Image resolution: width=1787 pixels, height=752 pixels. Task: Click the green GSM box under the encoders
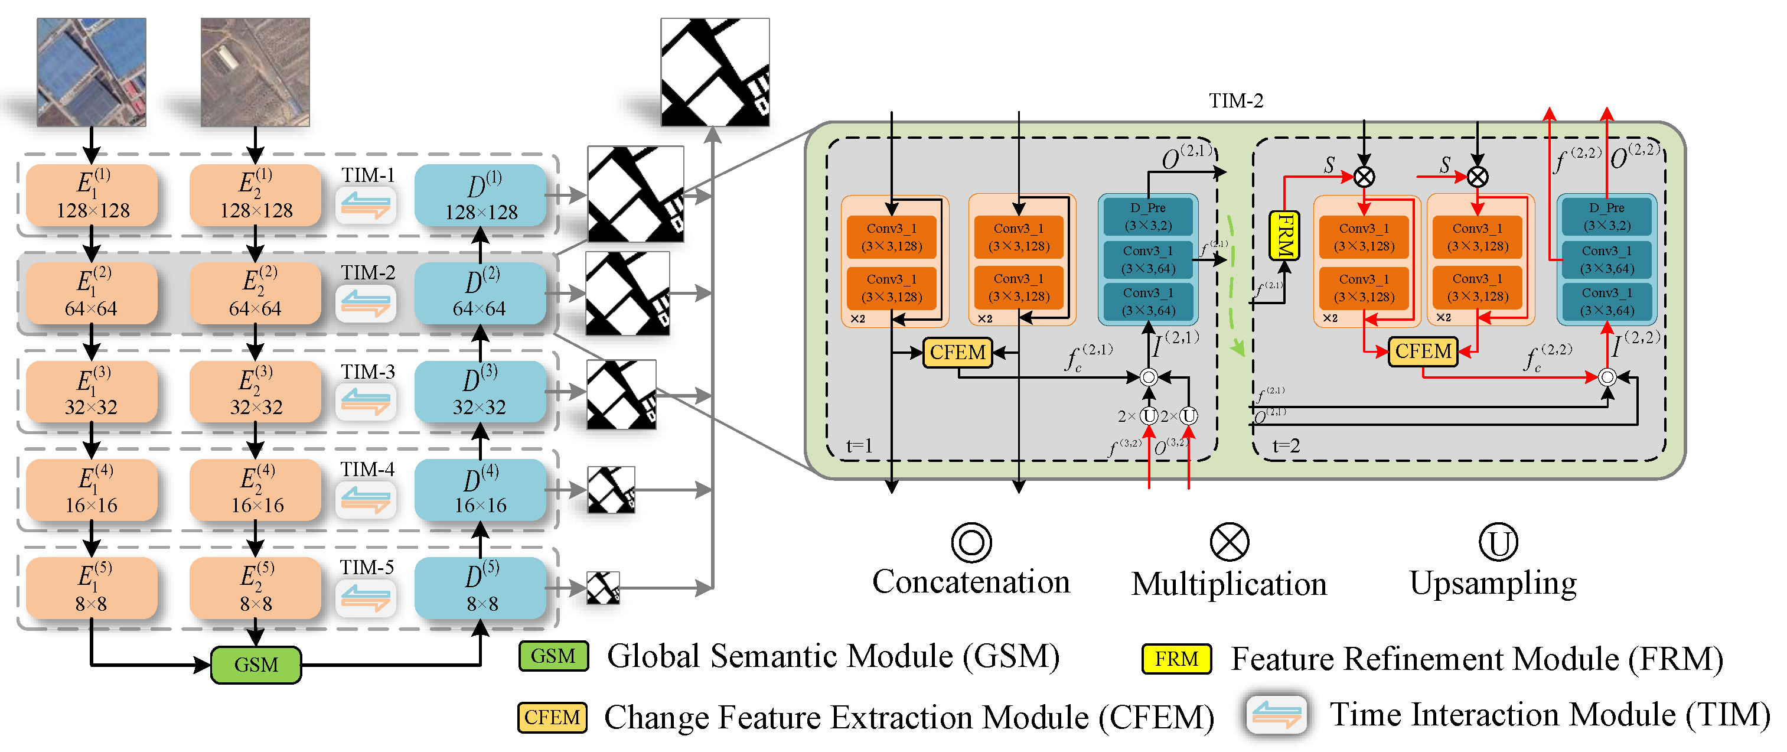(256, 665)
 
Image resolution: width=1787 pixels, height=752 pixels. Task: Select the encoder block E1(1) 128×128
(92, 195)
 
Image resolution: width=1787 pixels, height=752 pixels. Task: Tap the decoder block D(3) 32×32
(480, 391)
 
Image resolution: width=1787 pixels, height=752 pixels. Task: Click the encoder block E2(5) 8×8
(255, 588)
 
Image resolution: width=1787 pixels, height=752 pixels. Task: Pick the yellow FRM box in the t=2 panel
(1284, 235)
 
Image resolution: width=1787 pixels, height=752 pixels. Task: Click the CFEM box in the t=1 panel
(957, 353)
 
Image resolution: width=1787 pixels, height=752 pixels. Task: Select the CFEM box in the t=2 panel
(1423, 351)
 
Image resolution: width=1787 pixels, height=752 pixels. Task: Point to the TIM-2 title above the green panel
(1235, 101)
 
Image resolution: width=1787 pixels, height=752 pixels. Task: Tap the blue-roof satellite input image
(92, 72)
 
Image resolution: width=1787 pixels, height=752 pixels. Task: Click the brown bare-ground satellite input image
(255, 72)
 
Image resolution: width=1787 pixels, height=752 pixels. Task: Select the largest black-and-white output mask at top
(715, 72)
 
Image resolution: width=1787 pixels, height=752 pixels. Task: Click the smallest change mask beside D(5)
(603, 588)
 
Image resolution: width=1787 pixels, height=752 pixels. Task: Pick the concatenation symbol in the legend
(971, 542)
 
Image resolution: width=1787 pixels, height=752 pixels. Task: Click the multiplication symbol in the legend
(1230, 542)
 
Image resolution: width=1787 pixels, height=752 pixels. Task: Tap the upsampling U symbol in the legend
(1498, 542)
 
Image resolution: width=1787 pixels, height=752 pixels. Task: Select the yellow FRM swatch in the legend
(1176, 658)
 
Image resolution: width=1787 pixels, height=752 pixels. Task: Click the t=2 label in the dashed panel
(1286, 445)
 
